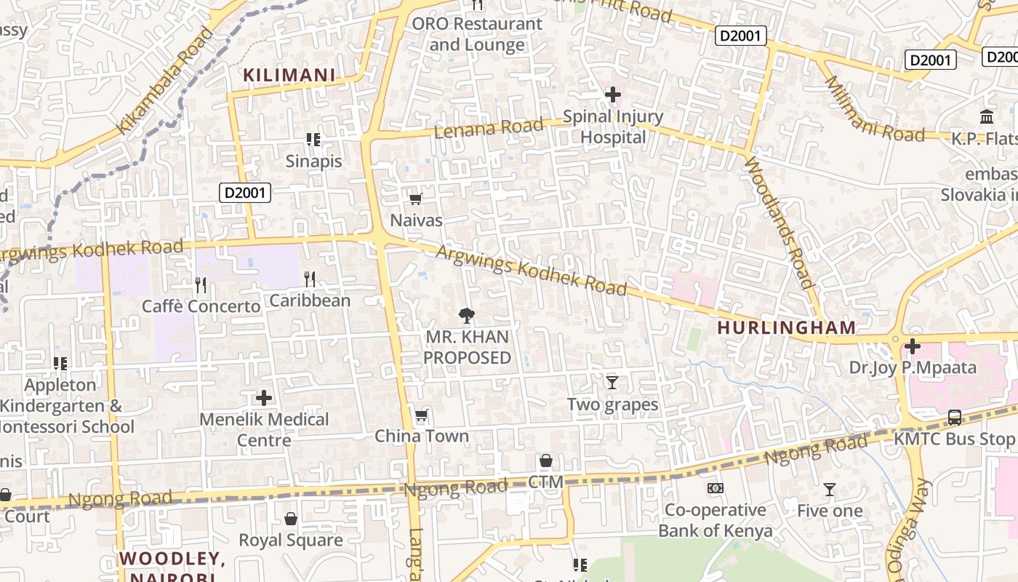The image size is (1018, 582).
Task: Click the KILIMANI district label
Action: pos(289,75)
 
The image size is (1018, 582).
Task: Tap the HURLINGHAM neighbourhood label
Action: pos(786,327)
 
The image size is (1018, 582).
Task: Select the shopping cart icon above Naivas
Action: pos(416,199)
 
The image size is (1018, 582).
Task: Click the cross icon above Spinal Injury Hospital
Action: pos(612,95)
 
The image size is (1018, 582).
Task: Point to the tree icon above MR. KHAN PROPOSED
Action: pos(467,316)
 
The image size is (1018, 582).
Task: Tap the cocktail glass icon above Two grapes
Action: pos(612,382)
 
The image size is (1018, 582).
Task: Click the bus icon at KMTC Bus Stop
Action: pos(955,418)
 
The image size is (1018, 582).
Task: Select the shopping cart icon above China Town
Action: pos(421,416)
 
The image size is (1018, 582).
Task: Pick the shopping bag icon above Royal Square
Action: pos(291,519)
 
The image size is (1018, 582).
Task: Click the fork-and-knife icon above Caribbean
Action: pos(310,279)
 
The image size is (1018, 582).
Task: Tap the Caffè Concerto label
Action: pos(201,306)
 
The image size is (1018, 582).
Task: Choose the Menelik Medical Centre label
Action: pos(264,429)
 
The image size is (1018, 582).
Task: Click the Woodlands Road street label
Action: pos(777,222)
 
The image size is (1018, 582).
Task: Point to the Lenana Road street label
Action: pos(489,129)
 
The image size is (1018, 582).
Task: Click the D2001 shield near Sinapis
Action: pos(245,193)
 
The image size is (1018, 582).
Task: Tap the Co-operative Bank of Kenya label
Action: pos(716,520)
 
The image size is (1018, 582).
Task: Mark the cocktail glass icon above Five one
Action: pos(830,490)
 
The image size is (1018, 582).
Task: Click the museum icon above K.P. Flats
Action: pos(987,116)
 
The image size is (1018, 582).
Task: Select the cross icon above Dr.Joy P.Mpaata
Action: pos(913,346)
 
